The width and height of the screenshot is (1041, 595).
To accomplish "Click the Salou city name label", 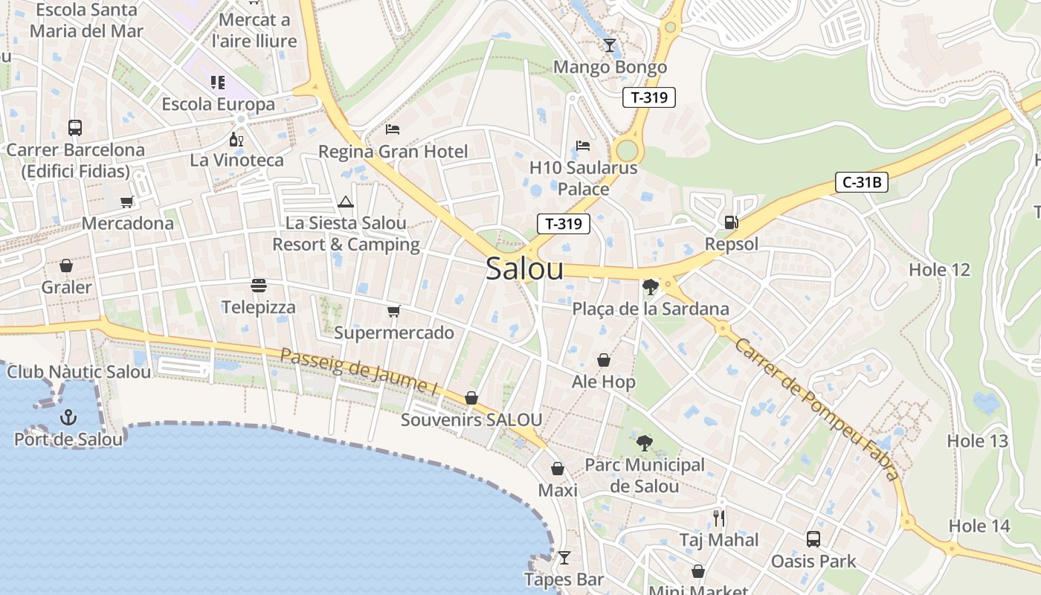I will tap(524, 269).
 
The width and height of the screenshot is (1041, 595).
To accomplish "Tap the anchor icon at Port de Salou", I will tap(68, 417).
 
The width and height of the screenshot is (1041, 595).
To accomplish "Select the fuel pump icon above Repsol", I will tap(732, 222).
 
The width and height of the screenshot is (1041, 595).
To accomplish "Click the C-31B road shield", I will tap(862, 182).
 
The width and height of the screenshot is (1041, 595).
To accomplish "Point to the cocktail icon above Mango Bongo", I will tap(610, 45).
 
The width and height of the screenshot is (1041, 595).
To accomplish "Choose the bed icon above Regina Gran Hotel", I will tap(393, 129).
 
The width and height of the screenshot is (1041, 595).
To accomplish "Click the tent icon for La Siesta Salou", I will tap(346, 202).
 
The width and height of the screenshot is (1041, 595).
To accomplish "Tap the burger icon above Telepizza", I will tap(259, 286).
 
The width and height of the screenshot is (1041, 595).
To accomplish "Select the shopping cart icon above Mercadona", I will tap(127, 202).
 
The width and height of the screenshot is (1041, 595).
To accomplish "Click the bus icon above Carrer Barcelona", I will tap(75, 127).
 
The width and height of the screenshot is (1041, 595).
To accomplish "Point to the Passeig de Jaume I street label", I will tap(358, 371).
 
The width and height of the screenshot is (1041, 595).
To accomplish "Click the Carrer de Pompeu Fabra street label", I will tap(816, 408).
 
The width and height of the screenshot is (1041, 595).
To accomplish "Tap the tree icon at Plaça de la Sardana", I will tap(650, 287).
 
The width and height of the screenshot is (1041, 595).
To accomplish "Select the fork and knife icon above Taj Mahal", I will tap(718, 518).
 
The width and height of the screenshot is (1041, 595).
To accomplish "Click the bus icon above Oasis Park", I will tap(813, 539).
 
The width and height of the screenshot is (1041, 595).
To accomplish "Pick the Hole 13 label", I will tap(977, 441).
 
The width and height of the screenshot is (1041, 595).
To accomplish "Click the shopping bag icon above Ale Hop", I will tap(604, 360).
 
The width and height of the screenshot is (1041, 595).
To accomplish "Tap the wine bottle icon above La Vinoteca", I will tap(236, 139).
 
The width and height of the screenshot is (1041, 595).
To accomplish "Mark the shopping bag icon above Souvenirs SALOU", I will tap(471, 398).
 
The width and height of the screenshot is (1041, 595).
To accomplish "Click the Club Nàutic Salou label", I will tap(78, 372).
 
